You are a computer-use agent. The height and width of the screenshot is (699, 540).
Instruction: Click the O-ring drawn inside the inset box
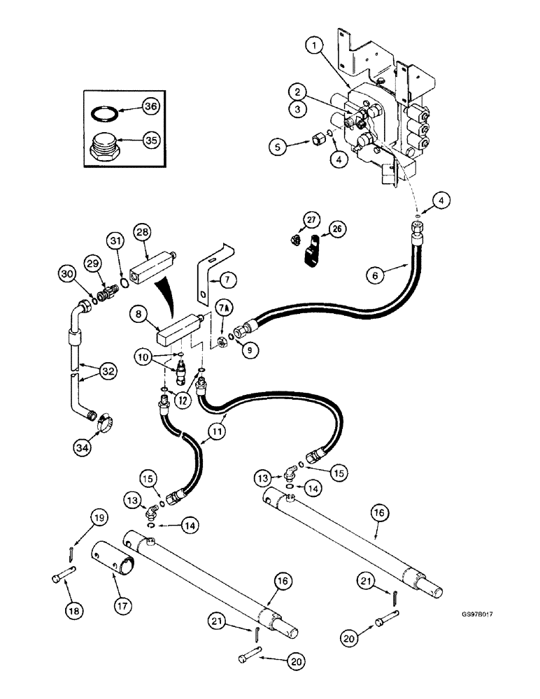click(x=105, y=112)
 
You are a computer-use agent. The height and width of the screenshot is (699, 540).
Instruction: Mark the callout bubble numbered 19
click(x=99, y=518)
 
